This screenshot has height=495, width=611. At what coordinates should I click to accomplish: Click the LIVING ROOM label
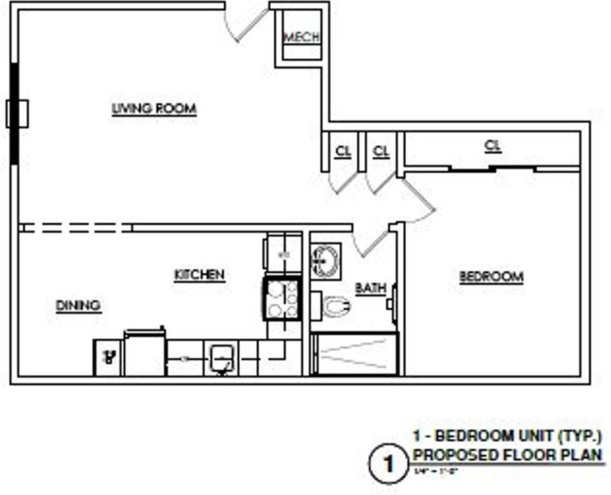(x=154, y=109)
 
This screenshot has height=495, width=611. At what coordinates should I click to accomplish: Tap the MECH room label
(x=302, y=37)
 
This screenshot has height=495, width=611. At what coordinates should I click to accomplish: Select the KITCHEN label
(x=200, y=275)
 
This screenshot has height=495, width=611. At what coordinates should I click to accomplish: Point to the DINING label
(x=78, y=306)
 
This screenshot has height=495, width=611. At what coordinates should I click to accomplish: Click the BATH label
(x=370, y=288)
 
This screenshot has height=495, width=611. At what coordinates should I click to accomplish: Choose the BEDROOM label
(x=491, y=277)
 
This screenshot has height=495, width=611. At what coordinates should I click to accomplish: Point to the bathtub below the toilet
(x=355, y=354)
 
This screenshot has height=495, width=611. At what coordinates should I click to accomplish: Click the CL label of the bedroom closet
(x=493, y=146)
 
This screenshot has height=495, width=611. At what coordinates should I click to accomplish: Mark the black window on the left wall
(x=14, y=113)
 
